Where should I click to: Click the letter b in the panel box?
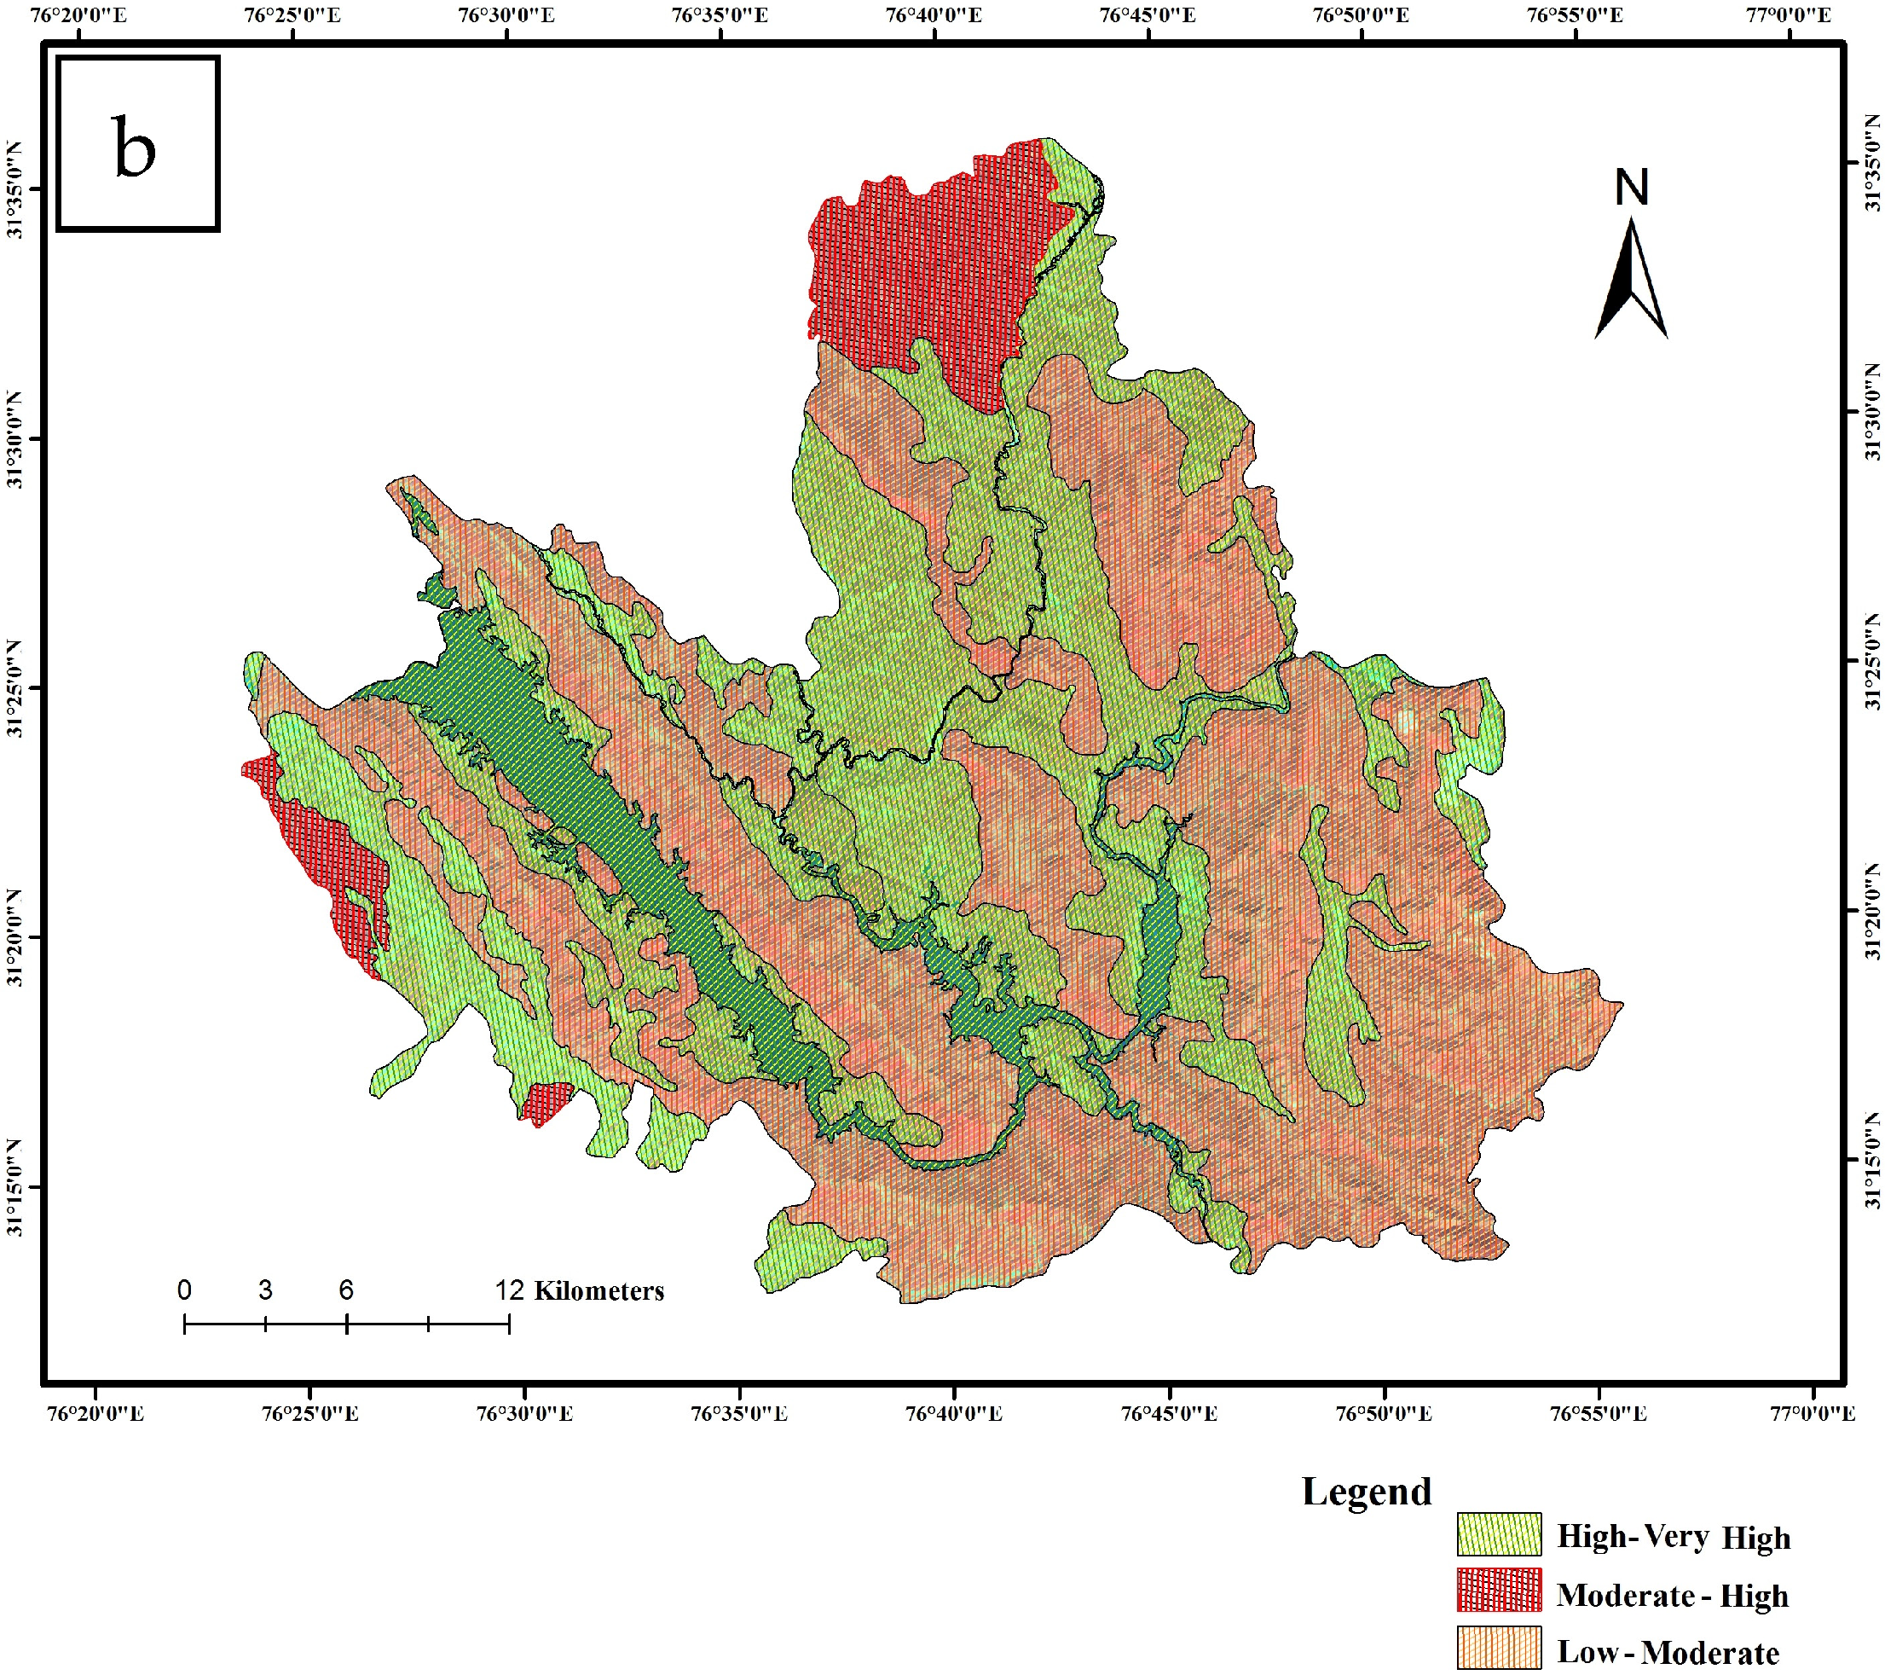tap(135, 148)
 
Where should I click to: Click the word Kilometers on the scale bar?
tap(598, 1290)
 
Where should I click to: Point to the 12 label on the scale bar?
tap(509, 1290)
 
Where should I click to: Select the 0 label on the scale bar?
tap(184, 1290)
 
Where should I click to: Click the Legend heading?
tap(1366, 1492)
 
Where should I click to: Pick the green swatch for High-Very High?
tap(1499, 1535)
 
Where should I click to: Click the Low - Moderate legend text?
tap(1668, 1652)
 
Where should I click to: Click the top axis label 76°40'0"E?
tap(934, 14)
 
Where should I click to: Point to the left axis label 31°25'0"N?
tap(14, 688)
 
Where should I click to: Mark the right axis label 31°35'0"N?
tap(1871, 163)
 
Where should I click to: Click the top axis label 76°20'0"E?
tap(78, 14)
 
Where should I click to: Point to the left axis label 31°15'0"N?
tap(14, 1187)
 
